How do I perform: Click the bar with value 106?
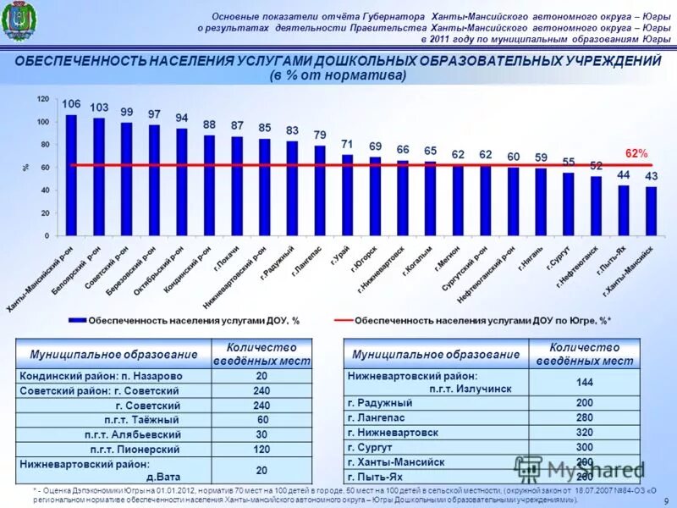point(71,174)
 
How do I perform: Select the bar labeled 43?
point(651,211)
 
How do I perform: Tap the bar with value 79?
point(320,190)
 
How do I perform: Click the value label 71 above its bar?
point(347,144)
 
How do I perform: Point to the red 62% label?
point(636,153)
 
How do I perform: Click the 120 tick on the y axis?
point(42,99)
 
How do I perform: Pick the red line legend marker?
point(342,321)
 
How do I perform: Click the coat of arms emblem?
point(17,23)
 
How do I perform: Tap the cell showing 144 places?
point(584,382)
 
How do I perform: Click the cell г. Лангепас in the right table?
point(436,417)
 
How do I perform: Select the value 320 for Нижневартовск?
point(584,432)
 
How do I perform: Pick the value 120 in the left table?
point(261,449)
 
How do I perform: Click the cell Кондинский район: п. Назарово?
point(114,375)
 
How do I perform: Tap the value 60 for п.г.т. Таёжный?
point(261,419)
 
